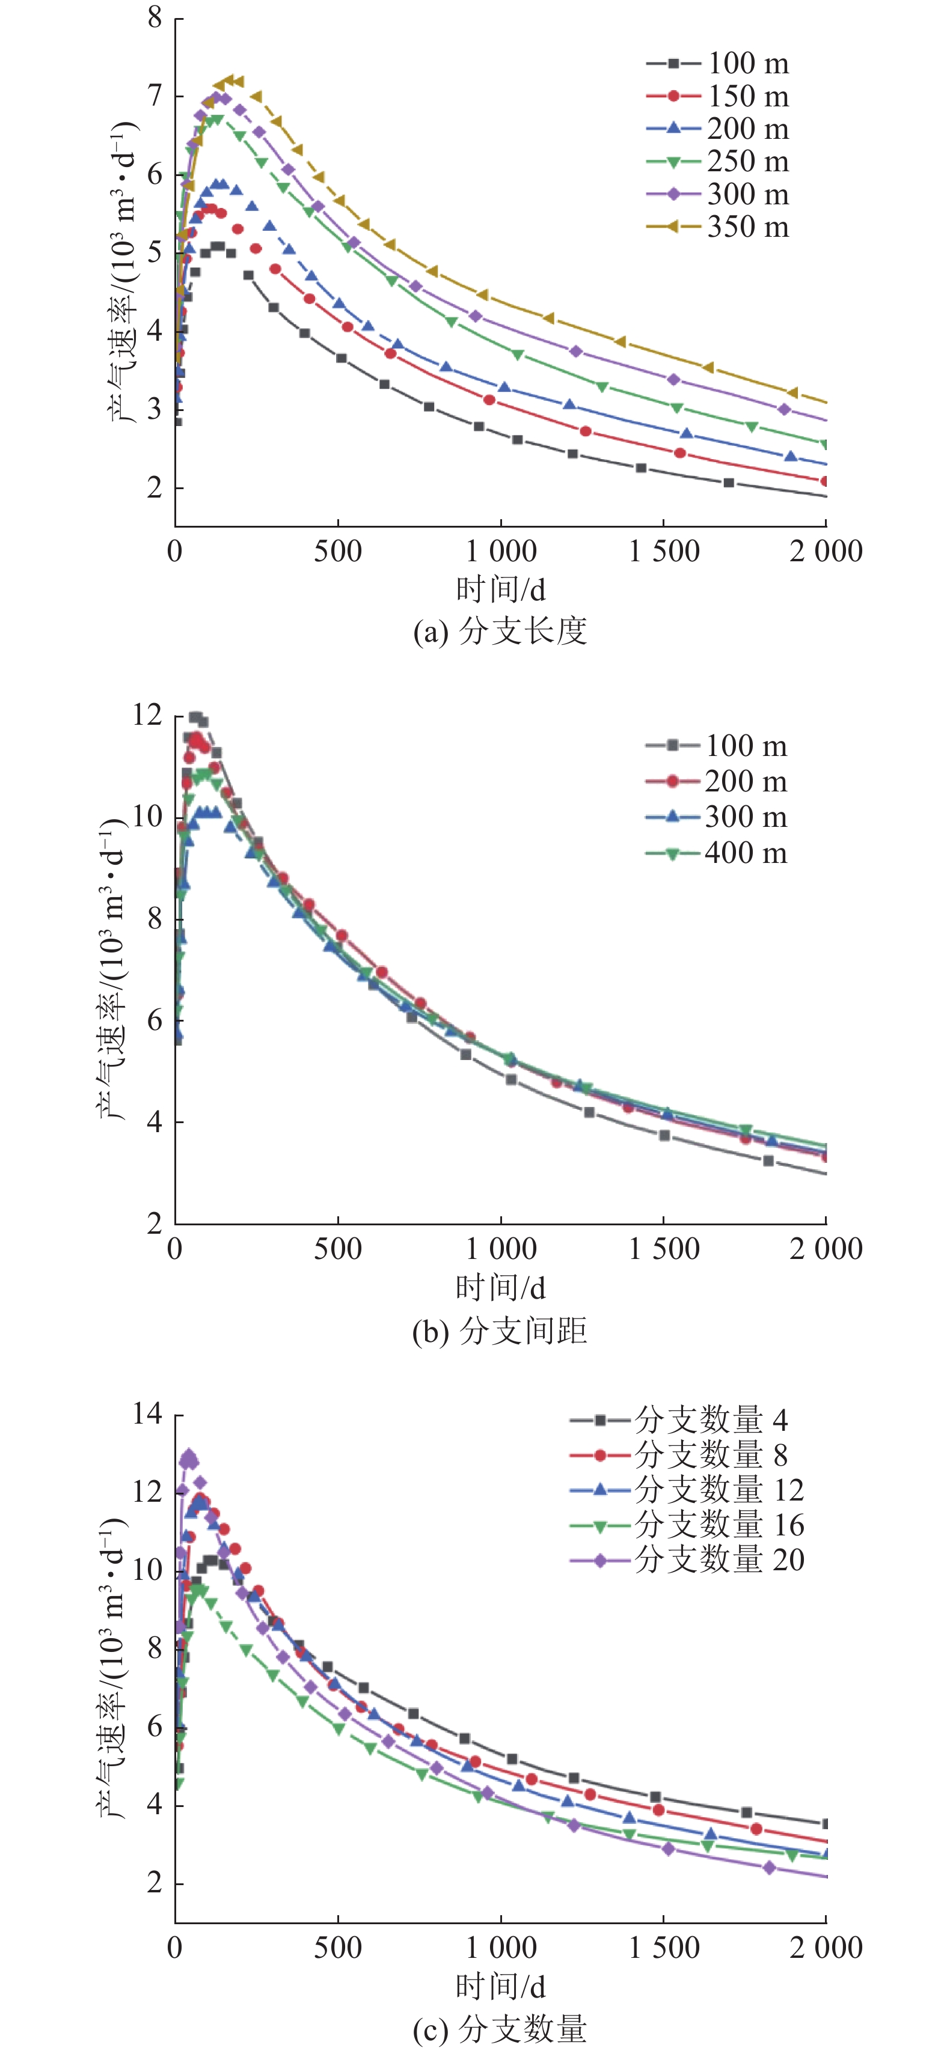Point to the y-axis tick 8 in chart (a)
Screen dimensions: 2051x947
[155, 17]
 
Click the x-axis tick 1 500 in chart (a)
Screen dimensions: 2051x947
[663, 551]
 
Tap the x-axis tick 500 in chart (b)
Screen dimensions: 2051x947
[338, 1248]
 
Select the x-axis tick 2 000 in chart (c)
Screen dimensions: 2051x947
[826, 1948]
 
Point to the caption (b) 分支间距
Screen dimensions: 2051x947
[500, 1330]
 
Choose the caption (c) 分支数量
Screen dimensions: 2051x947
[500, 2029]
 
